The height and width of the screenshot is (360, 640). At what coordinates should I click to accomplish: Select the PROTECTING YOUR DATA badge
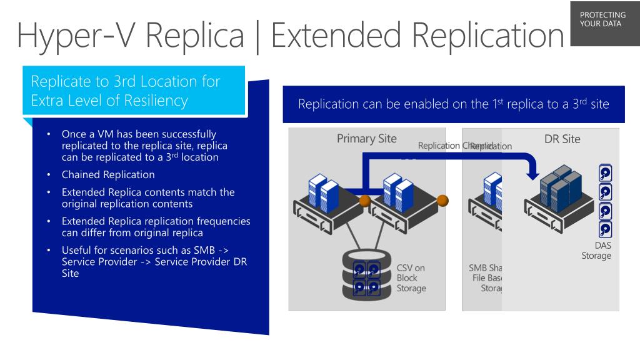[x=603, y=19]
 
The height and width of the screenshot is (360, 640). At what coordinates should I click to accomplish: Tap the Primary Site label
[x=366, y=139]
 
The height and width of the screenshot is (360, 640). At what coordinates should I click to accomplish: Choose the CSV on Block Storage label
[x=411, y=278]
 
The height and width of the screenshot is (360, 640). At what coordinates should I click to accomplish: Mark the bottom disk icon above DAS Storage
[x=605, y=229]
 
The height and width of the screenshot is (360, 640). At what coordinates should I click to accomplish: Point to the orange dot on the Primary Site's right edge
[x=442, y=201]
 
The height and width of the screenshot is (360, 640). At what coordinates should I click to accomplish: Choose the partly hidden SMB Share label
[x=486, y=267]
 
